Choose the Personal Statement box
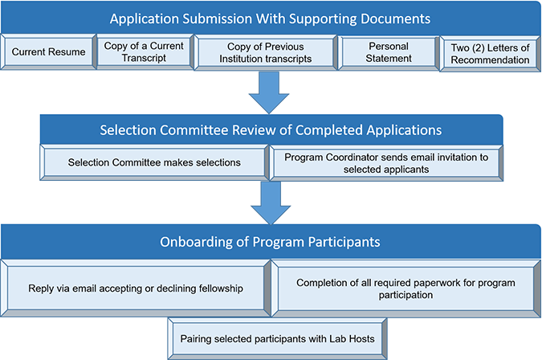click(x=389, y=52)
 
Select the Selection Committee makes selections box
click(x=154, y=162)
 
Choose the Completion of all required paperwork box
click(x=405, y=288)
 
